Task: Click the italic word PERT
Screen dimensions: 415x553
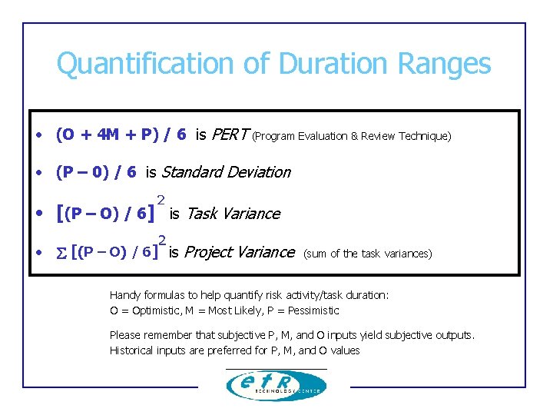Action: click(x=228, y=135)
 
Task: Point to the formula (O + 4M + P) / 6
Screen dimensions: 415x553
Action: click(x=121, y=135)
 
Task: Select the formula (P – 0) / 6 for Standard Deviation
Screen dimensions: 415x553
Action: click(x=96, y=172)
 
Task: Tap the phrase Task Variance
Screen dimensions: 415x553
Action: click(x=233, y=214)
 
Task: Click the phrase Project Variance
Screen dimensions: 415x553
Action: click(x=240, y=252)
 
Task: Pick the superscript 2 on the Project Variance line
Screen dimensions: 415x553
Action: click(x=162, y=239)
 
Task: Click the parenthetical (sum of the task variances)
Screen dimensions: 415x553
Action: click(x=368, y=254)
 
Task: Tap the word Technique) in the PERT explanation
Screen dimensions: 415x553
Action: click(x=425, y=137)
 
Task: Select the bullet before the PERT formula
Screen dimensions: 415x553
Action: click(x=38, y=136)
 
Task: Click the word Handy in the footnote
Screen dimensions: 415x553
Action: click(x=124, y=295)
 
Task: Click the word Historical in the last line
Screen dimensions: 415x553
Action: click(x=134, y=350)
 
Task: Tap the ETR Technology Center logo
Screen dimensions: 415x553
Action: click(x=276, y=385)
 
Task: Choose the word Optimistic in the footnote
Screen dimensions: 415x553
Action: click(x=151, y=310)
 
